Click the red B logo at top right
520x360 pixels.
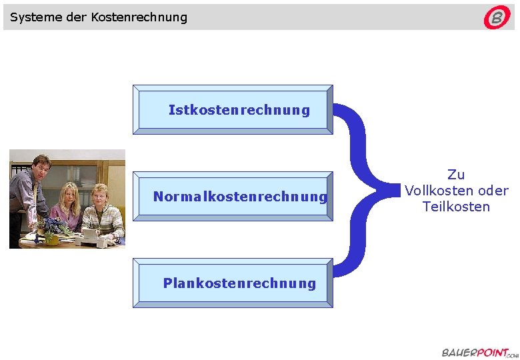click(497, 18)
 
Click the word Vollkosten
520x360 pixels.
click(437, 191)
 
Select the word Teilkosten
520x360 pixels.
click(456, 207)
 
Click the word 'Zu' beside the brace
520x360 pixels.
click(456, 175)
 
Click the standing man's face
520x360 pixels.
click(39, 166)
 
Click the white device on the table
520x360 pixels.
click(89, 234)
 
